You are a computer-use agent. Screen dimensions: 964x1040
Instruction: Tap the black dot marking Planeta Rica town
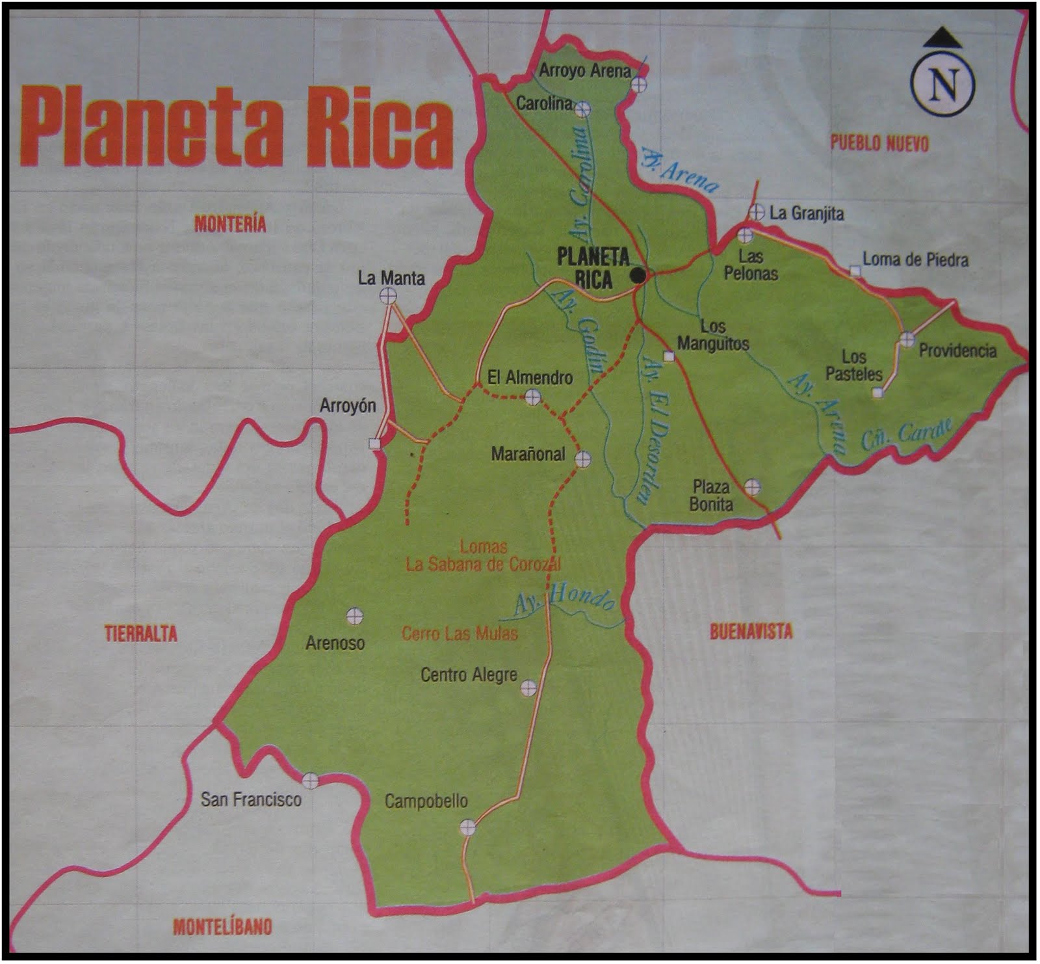(x=639, y=276)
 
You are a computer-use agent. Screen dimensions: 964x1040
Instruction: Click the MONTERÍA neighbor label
(x=231, y=224)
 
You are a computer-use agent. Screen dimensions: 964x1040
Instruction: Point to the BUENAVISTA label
(x=751, y=631)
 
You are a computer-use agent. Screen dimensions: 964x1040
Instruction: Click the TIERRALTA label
(x=141, y=634)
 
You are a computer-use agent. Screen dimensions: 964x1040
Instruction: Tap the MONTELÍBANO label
(x=222, y=926)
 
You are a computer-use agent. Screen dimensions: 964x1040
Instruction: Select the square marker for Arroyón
(x=374, y=444)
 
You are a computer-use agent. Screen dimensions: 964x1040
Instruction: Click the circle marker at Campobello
(x=467, y=827)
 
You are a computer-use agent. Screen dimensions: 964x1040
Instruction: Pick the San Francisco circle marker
(x=310, y=780)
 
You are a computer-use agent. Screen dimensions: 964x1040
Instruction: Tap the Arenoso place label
(x=335, y=643)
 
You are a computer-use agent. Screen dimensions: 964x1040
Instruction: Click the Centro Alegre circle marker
(x=528, y=688)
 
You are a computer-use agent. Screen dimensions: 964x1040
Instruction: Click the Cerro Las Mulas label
(x=460, y=634)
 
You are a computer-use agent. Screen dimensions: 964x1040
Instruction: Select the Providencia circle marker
(x=907, y=340)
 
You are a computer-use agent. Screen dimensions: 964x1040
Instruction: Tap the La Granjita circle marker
(x=756, y=212)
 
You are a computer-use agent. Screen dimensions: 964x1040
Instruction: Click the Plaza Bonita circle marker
(x=752, y=487)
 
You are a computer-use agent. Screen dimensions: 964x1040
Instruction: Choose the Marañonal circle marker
(x=583, y=459)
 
